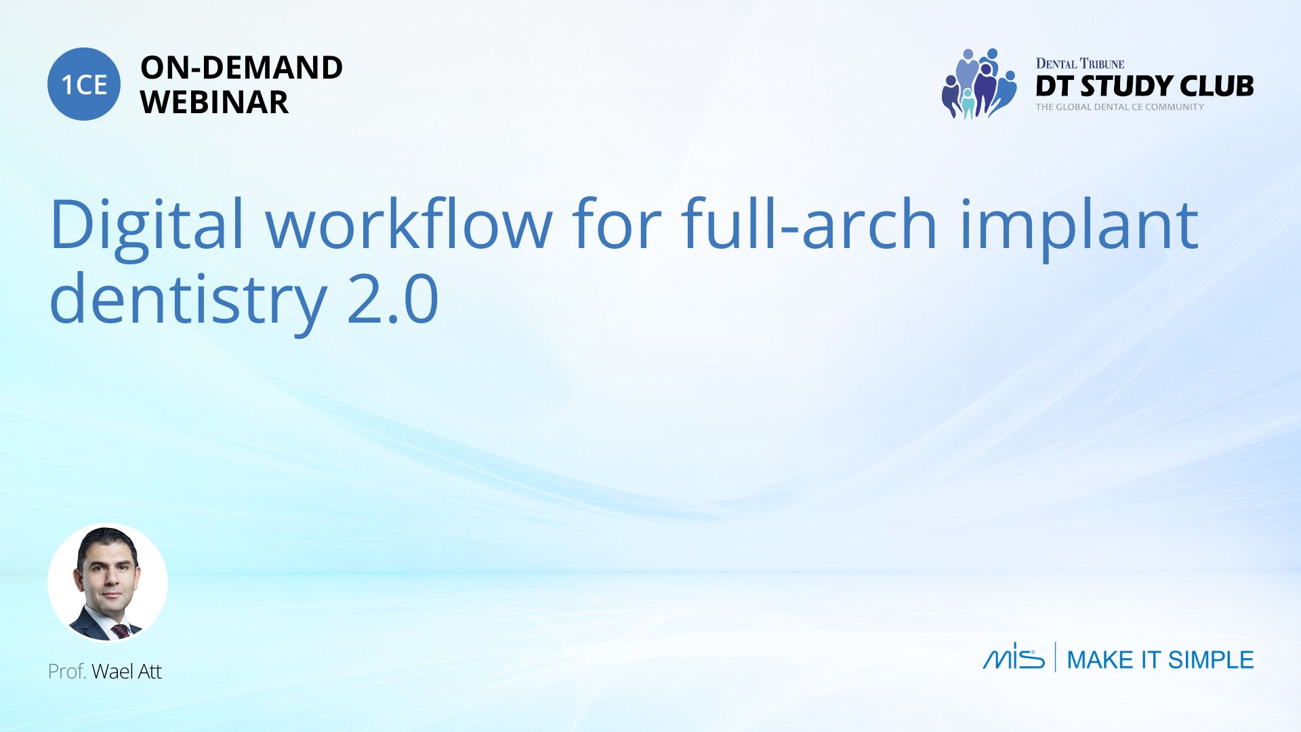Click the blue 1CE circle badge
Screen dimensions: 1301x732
click(x=84, y=84)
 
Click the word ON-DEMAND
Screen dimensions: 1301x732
click(x=241, y=68)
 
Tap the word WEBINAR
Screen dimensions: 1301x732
click(x=214, y=102)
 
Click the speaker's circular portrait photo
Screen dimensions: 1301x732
click(x=108, y=583)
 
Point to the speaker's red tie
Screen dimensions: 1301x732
click(x=121, y=631)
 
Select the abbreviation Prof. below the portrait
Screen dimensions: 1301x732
click(x=67, y=672)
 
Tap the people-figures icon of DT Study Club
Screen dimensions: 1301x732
click(x=979, y=84)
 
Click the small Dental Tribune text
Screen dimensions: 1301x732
click(x=1079, y=64)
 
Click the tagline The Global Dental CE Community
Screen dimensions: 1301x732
click(x=1119, y=107)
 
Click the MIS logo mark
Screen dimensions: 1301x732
click(x=1014, y=656)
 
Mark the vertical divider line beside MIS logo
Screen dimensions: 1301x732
click(x=1055, y=657)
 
